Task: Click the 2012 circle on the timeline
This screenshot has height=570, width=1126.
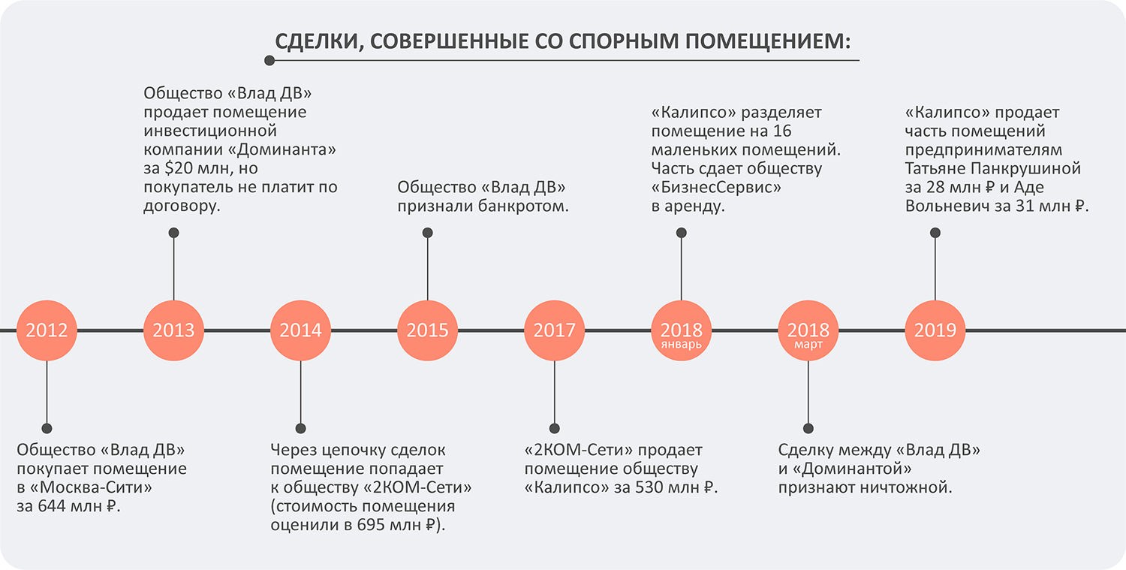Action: click(47, 330)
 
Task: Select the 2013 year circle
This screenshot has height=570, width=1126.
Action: click(173, 330)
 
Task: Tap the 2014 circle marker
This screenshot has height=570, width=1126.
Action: click(300, 330)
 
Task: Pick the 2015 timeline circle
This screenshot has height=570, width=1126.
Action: click(427, 330)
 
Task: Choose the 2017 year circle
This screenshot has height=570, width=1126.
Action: click(554, 330)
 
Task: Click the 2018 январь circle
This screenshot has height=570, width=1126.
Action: click(681, 330)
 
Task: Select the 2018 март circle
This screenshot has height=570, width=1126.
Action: click(808, 330)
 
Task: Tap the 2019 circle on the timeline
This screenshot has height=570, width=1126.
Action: click(935, 330)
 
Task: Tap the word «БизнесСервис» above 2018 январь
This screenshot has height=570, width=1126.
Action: click(716, 187)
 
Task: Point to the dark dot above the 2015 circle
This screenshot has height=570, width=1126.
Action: click(427, 233)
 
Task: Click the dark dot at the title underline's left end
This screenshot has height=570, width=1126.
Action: click(269, 60)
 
